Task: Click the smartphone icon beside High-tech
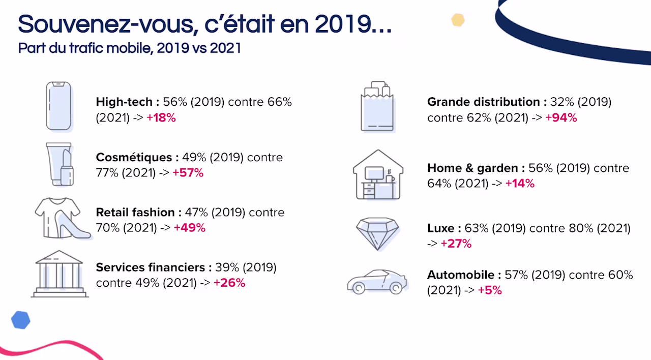pos(58,106)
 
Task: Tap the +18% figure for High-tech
pos(161,117)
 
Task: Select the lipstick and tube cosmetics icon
pos(60,164)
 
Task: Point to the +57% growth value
pos(188,173)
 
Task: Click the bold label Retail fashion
pos(135,213)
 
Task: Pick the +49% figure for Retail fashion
pos(190,228)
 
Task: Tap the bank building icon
pos(60,274)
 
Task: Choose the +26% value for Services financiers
pos(229,283)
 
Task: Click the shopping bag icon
pos(377,106)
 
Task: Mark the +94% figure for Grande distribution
pos(561,117)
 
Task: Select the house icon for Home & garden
pos(378,174)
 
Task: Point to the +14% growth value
pos(520,184)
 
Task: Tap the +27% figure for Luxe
pos(456,244)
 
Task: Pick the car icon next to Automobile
pos(377,282)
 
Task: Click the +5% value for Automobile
pos(490,290)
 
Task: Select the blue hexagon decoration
pos(21,320)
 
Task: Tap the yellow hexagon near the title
pos(458,20)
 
